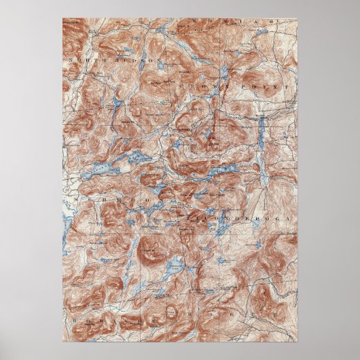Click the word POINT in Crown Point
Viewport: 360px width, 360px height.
click(278, 88)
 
